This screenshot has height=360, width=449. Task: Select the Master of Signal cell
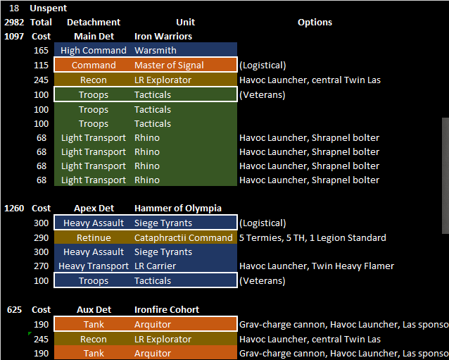click(x=169, y=66)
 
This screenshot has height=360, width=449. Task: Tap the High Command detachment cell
click(x=94, y=51)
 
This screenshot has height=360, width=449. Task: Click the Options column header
click(x=315, y=22)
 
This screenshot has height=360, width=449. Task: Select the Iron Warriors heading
click(x=163, y=36)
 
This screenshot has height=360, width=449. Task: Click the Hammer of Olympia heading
click(x=177, y=209)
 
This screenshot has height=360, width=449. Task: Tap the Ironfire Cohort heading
click(x=166, y=310)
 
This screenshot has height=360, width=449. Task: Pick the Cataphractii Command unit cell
click(x=183, y=238)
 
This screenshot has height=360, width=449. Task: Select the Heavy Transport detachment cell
click(x=94, y=266)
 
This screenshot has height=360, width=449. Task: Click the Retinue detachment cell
click(x=94, y=238)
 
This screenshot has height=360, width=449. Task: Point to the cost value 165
click(x=42, y=51)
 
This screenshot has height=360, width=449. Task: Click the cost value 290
click(x=42, y=238)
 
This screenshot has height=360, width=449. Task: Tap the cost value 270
click(x=42, y=266)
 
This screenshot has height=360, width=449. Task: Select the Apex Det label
click(x=94, y=209)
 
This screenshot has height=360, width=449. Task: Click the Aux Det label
click(x=94, y=310)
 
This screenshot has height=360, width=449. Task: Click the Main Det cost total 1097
click(x=14, y=36)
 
